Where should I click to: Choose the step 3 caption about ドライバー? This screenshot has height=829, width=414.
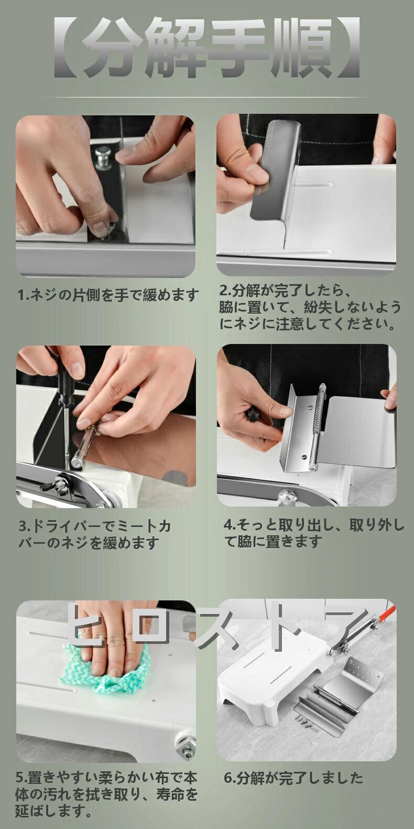point(95,534)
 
